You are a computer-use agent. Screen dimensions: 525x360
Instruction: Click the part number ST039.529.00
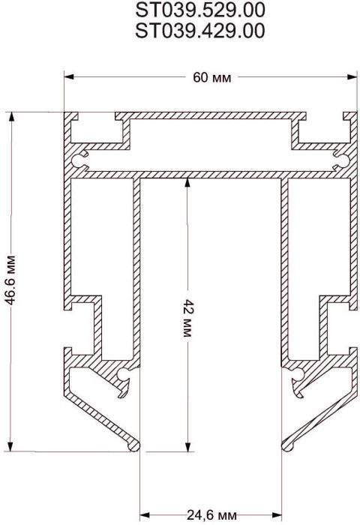[200, 11]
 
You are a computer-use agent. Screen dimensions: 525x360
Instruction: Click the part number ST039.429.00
[200, 30]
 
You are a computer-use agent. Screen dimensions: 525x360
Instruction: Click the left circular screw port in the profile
[80, 157]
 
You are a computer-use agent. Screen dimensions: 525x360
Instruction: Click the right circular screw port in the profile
[340, 157]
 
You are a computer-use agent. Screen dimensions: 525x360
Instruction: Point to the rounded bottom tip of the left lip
[136, 445]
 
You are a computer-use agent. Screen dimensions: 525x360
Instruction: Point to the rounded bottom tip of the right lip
[286, 445]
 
